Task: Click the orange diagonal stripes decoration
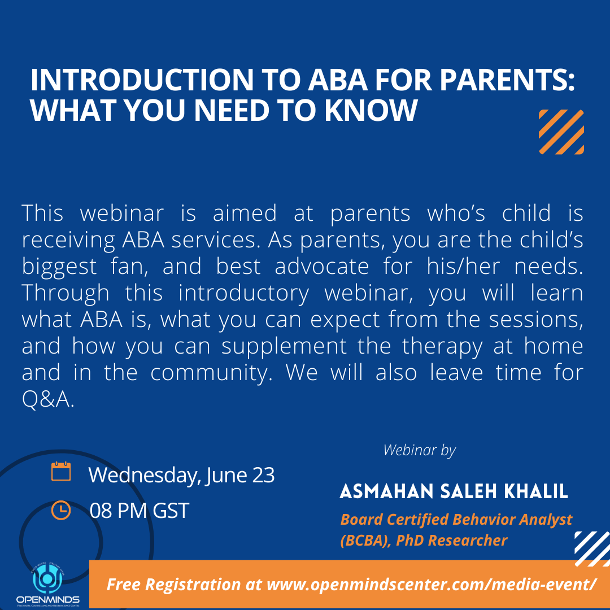(561, 132)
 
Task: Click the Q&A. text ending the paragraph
(48, 400)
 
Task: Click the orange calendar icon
(61, 472)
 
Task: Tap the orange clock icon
(61, 510)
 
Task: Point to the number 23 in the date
(263, 476)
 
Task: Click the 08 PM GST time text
(139, 511)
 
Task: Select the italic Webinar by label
(419, 450)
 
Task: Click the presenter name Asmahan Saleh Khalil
(454, 491)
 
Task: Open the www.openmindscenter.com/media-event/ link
(431, 584)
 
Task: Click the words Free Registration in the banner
(174, 584)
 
